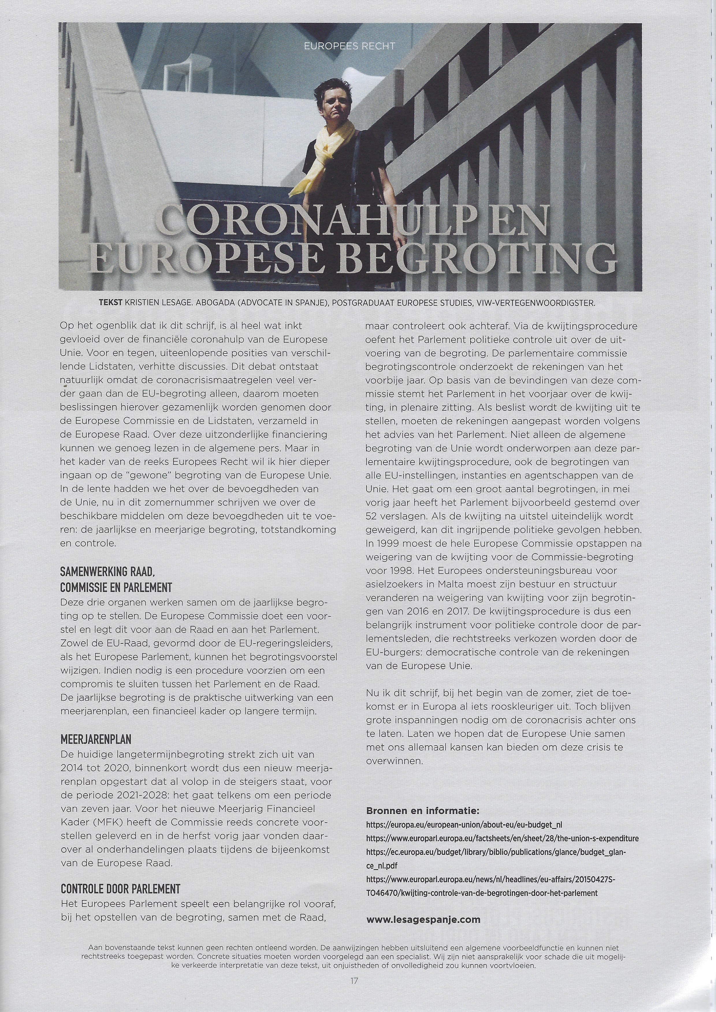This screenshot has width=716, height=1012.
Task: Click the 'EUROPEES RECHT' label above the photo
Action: [349, 46]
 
